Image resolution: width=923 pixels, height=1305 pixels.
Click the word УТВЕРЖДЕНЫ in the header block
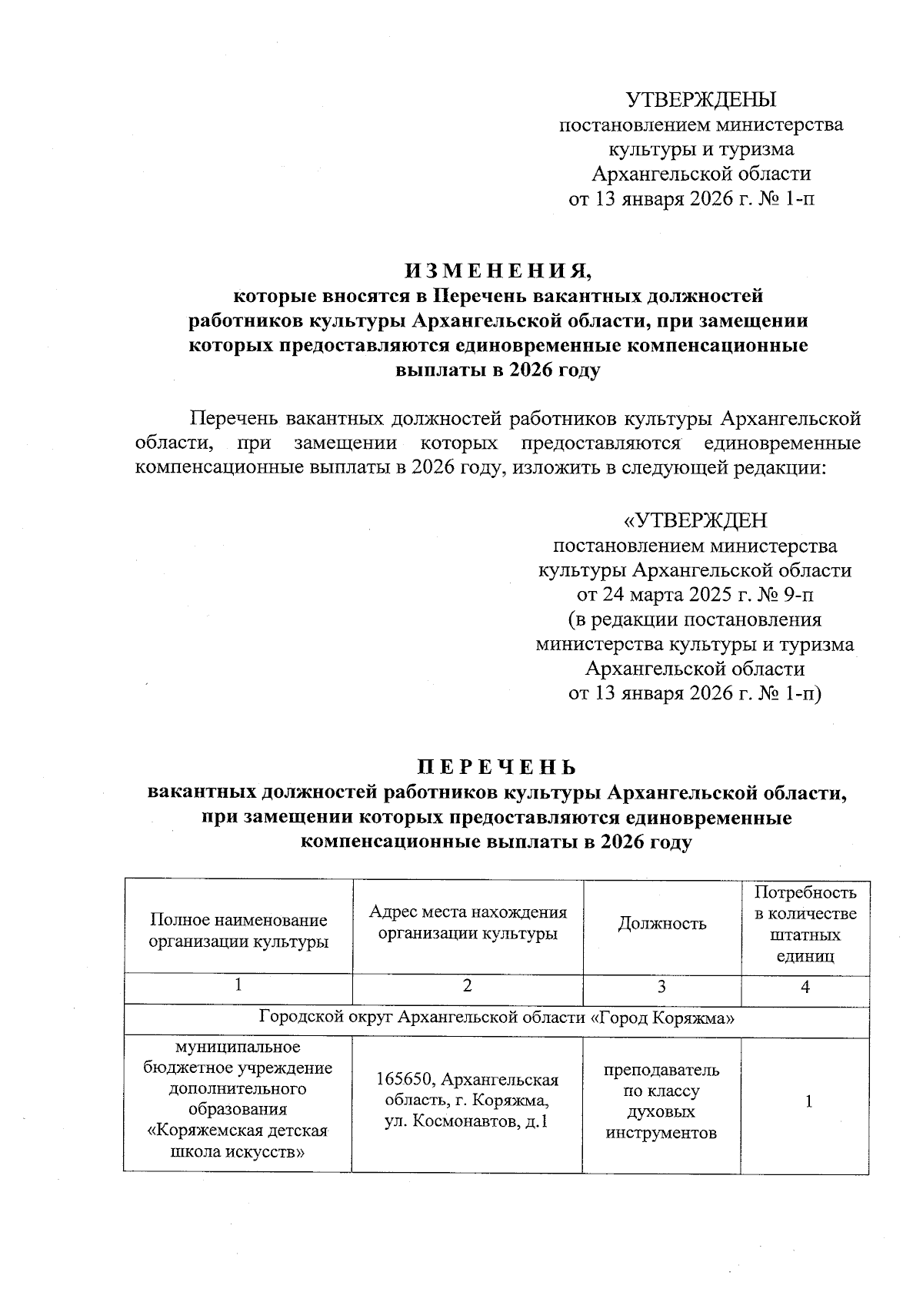701,100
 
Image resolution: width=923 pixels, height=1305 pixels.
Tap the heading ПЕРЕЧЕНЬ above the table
496,768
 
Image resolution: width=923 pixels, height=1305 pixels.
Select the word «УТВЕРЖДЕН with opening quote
695,521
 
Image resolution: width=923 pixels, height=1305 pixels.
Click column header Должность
661,924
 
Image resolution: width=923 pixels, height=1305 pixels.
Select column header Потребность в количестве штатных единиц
805,924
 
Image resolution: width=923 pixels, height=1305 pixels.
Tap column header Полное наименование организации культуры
238,931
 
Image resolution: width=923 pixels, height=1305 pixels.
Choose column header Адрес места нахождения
468,922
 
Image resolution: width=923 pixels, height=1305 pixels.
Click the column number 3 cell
661,988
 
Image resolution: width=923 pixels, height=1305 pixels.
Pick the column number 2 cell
467,987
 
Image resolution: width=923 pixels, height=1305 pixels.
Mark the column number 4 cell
805,988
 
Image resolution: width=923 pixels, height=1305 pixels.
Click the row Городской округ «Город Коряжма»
496,1018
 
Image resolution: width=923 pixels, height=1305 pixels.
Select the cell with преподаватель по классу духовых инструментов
661,1101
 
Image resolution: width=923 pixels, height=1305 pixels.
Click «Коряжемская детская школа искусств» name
238,1141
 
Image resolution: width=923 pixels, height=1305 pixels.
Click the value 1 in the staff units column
808,1101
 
